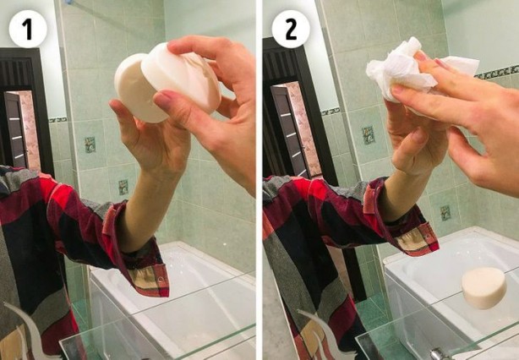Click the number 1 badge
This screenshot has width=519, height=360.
(27, 29)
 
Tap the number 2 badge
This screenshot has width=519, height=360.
(290, 29)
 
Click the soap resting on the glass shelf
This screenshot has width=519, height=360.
(483, 287)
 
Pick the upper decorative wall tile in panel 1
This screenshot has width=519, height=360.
(90, 145)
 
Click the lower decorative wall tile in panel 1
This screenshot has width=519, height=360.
(123, 187)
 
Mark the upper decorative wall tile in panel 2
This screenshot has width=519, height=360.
(369, 135)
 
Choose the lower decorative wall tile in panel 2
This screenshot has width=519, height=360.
(445, 213)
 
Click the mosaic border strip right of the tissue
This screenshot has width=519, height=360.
(499, 72)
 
